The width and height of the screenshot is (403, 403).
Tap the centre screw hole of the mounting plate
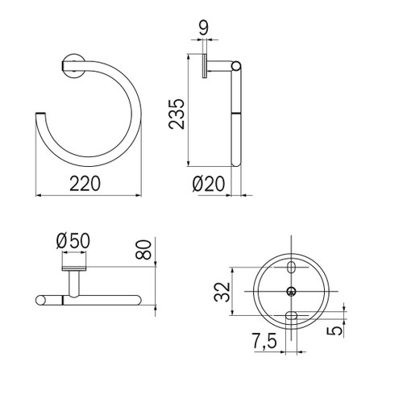tap(291, 290)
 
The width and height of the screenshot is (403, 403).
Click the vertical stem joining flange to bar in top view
tap(73, 283)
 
